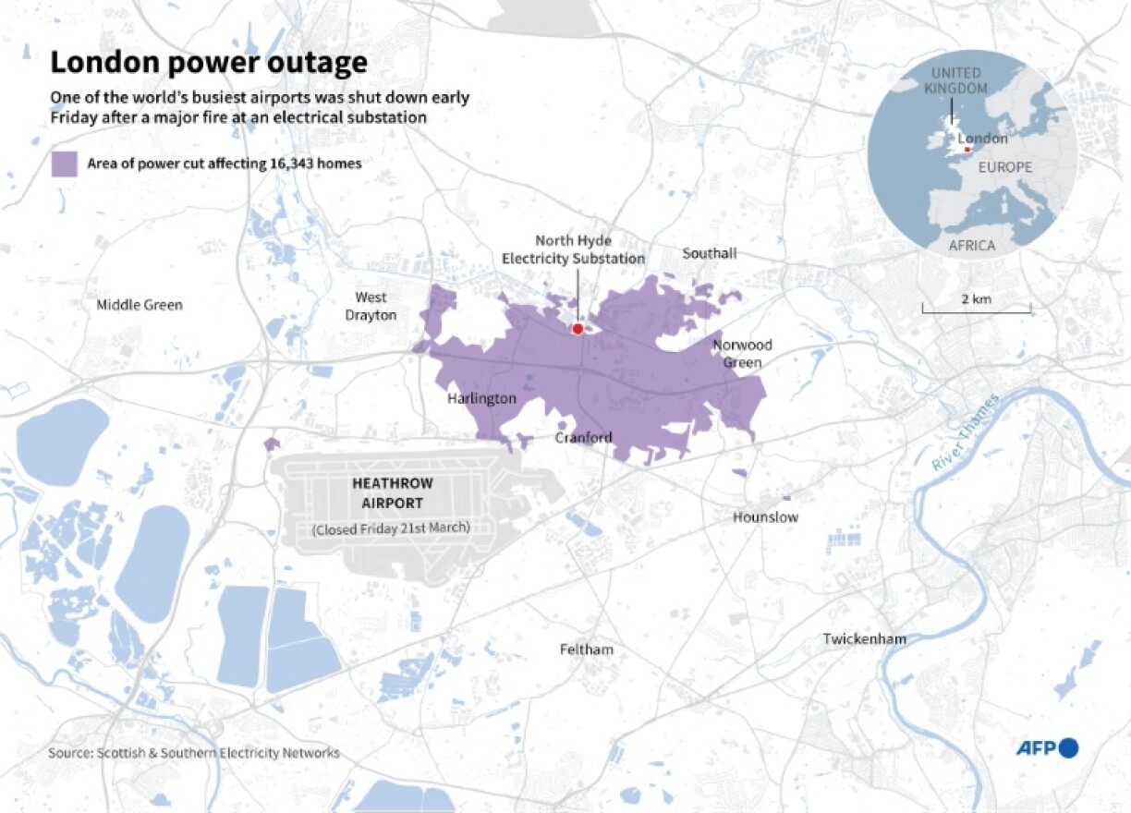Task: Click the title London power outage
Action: tap(208, 63)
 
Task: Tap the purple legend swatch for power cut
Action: tap(64, 164)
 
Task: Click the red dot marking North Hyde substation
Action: tap(578, 329)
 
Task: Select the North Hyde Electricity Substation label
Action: tap(573, 250)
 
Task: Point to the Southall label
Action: tap(709, 253)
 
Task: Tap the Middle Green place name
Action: tap(140, 305)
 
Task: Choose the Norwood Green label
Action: tap(742, 354)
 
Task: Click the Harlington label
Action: tap(481, 399)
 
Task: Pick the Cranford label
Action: tap(583, 437)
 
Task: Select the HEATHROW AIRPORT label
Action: tap(392, 493)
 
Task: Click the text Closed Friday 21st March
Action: tap(391, 528)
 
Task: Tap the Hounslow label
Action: tap(765, 517)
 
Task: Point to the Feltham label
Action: tap(586, 649)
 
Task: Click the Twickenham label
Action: tap(864, 639)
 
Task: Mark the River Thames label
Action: tap(965, 434)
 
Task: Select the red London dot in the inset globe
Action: tap(967, 150)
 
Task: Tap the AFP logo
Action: tap(1047, 748)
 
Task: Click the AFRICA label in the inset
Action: tap(972, 246)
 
